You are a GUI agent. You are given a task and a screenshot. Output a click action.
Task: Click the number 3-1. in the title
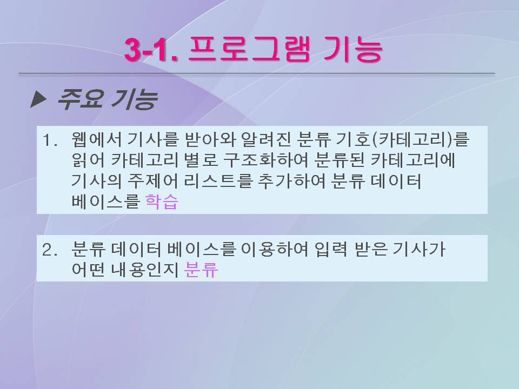[151, 50]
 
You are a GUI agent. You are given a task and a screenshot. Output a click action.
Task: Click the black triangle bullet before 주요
[38, 99]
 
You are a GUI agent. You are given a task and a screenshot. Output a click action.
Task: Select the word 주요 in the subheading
[80, 99]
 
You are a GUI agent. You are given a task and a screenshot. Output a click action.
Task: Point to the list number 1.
[49, 140]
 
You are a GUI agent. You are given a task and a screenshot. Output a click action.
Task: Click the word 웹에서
[96, 139]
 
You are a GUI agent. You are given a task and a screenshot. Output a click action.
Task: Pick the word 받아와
[209, 139]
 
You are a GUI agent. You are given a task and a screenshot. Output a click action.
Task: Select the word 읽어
[88, 160]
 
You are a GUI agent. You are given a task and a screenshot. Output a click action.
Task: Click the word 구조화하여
[265, 160]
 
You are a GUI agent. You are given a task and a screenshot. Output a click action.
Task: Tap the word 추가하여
[291, 181]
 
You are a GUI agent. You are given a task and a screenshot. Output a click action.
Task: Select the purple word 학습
[162, 202]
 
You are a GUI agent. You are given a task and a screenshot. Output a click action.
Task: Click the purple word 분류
[201, 270]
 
